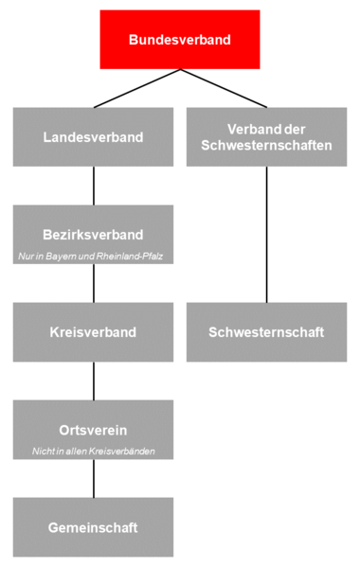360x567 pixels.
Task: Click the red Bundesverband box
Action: click(x=179, y=40)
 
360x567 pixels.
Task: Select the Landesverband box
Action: click(x=93, y=137)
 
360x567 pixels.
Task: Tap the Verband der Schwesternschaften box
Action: click(x=266, y=137)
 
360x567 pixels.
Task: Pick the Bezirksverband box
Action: click(x=93, y=233)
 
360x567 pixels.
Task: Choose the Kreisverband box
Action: click(x=93, y=332)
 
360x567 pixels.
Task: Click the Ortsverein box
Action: click(x=93, y=429)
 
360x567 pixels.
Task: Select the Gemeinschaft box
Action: click(x=93, y=526)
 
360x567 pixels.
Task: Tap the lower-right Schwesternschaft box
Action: click(x=266, y=332)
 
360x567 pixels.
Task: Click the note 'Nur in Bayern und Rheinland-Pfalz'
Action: click(x=93, y=257)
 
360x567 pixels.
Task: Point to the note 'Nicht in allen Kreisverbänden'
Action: click(x=93, y=452)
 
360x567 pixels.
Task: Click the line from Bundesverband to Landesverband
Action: click(x=136, y=88)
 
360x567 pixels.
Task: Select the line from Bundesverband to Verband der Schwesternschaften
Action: click(x=224, y=88)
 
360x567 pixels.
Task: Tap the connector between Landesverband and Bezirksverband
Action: click(x=93, y=186)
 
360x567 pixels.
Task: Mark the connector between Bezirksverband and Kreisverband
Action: click(x=93, y=283)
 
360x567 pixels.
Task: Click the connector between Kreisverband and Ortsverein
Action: click(x=93, y=381)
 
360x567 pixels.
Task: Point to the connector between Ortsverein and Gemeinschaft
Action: click(x=93, y=478)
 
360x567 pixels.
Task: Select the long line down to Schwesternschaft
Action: click(x=266, y=235)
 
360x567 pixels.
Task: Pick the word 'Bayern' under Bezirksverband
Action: click(x=65, y=257)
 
